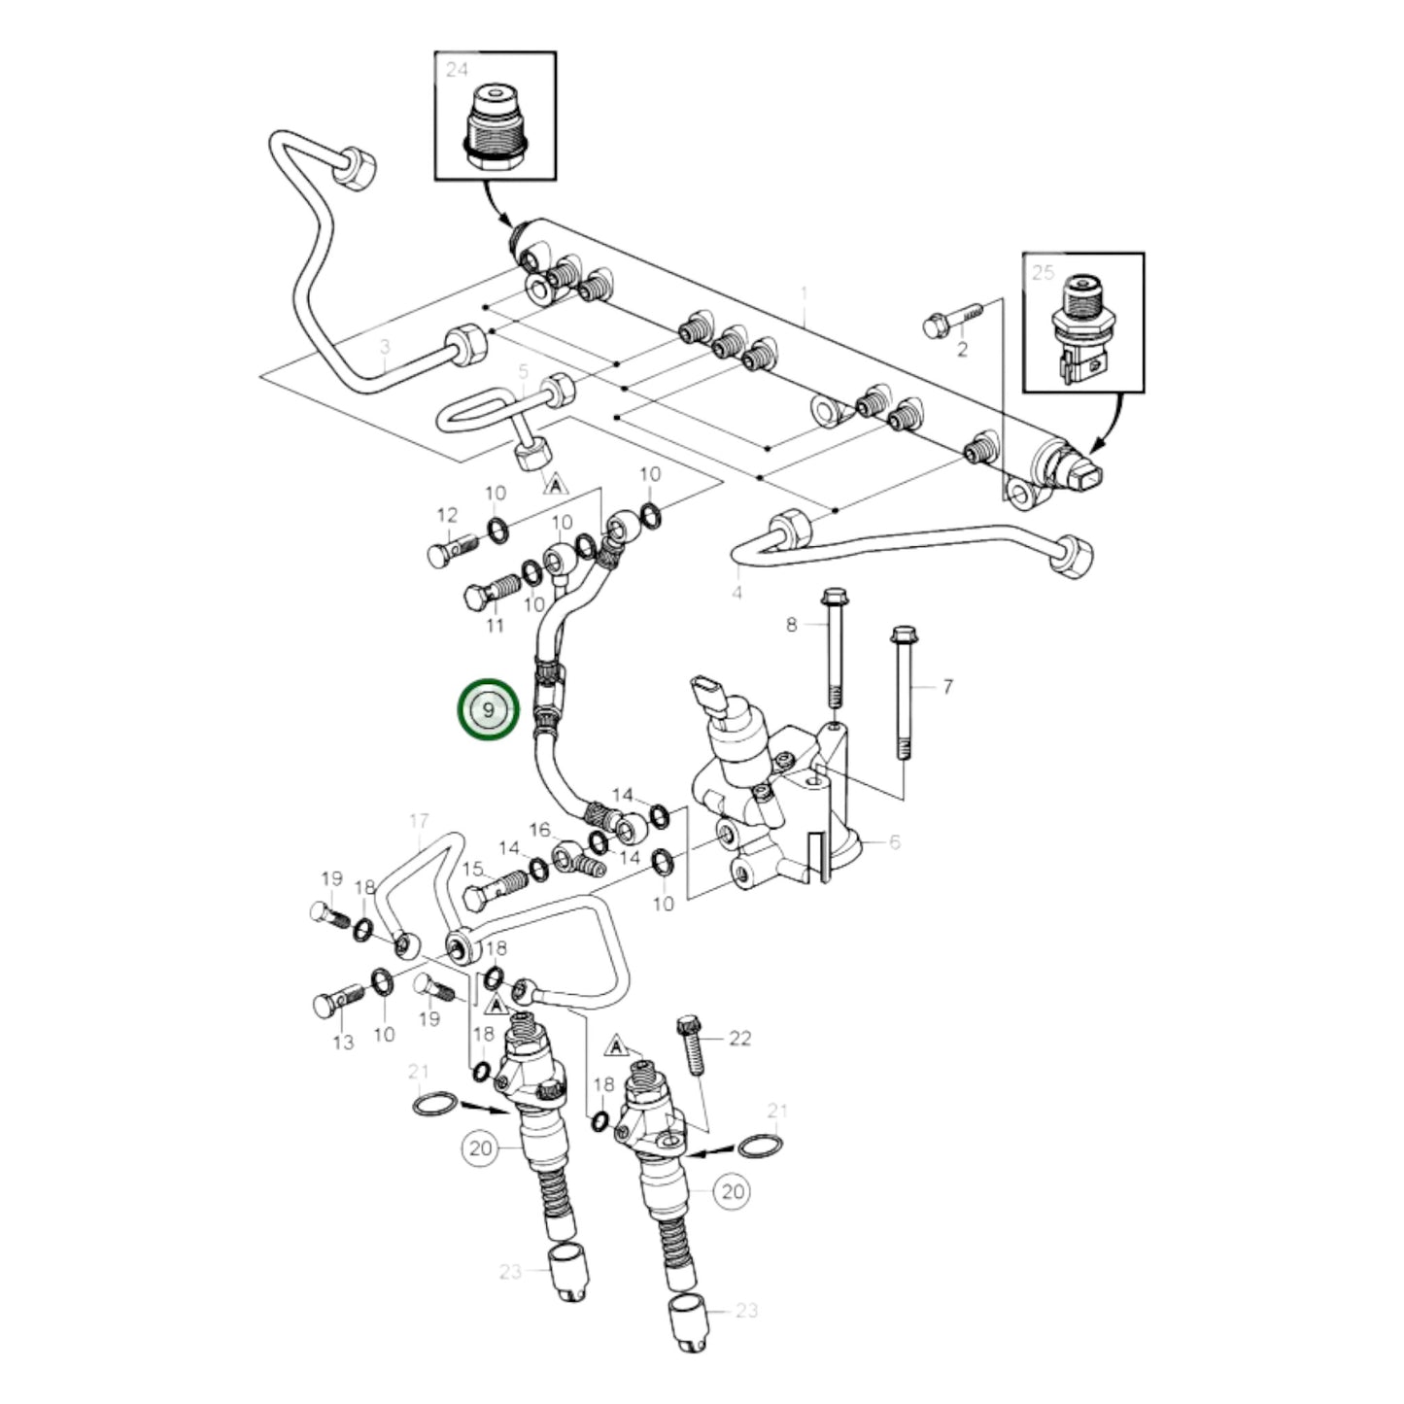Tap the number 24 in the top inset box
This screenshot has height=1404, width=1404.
pos(457,69)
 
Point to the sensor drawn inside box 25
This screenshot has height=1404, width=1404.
pos(1080,329)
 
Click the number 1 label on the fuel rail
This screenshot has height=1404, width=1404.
pos(804,292)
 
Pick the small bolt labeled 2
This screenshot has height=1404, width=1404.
pos(952,320)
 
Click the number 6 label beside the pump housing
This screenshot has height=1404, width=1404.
pos(894,841)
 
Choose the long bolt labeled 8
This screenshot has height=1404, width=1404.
pos(833,645)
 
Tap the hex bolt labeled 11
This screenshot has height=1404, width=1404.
pos(491,592)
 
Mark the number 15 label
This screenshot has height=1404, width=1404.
pos(472,868)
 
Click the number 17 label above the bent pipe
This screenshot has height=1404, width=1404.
pos(418,821)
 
